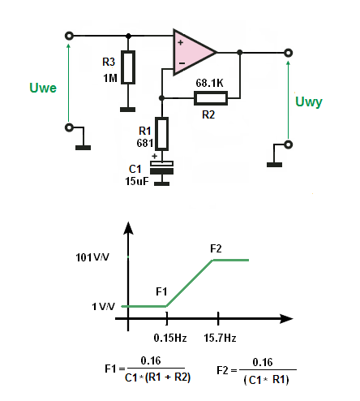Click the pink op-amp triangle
[x=192, y=52]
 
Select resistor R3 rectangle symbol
[x=128, y=67]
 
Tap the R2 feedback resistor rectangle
[x=211, y=98]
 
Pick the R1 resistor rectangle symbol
[x=162, y=134]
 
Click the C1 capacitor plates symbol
[x=161, y=167]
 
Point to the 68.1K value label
[x=210, y=83]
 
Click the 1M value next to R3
[x=110, y=78]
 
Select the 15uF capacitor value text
[x=137, y=181]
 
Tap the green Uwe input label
[x=43, y=88]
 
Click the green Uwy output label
[x=309, y=102]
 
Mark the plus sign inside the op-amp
[x=181, y=42]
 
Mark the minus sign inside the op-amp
[x=182, y=63]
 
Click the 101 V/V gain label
[x=92, y=257]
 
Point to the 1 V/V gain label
[x=103, y=307]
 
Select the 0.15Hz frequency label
[x=170, y=338]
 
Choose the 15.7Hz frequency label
[x=220, y=338]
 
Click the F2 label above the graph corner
[x=216, y=248]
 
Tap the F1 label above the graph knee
[x=161, y=291]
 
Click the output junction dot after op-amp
[x=239, y=52]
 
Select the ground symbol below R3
[x=128, y=110]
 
